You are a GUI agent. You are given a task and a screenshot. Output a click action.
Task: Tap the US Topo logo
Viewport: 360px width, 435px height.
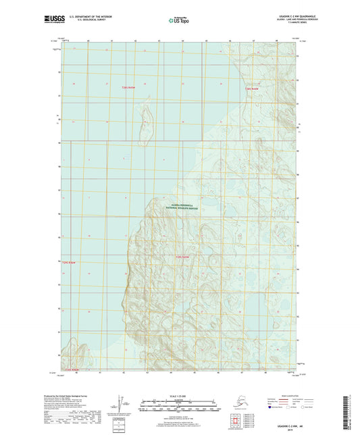178,20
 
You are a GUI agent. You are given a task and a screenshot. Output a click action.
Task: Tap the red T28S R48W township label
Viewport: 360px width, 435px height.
253,89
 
